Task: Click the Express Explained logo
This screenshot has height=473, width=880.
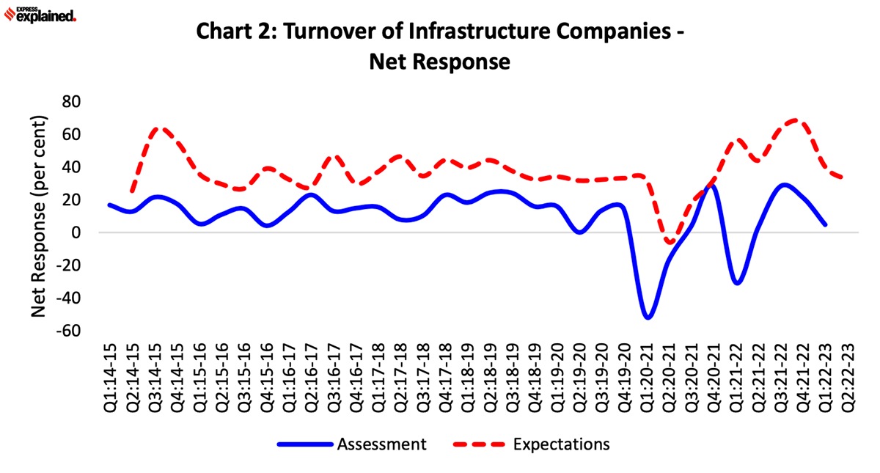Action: (x=40, y=15)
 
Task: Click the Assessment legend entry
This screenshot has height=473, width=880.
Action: (x=380, y=444)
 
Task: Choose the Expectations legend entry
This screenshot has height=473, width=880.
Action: (x=561, y=444)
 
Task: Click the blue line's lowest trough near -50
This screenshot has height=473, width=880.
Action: (x=648, y=318)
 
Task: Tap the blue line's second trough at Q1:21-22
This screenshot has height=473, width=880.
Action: (x=737, y=282)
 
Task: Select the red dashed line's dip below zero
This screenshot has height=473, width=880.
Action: (x=670, y=242)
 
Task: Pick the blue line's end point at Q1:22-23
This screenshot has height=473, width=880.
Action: (x=825, y=224)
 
